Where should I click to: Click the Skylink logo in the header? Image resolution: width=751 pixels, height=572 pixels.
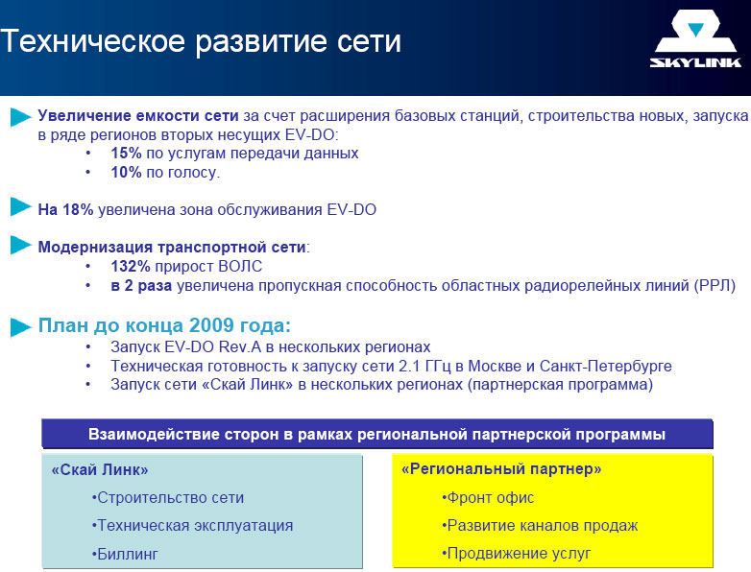(x=695, y=39)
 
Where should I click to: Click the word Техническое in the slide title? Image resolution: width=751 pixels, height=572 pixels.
(x=92, y=40)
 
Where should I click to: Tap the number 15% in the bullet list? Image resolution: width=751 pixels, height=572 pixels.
(x=126, y=154)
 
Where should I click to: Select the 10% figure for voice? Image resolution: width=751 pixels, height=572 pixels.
(x=126, y=173)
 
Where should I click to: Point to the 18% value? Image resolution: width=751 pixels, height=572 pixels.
(x=78, y=209)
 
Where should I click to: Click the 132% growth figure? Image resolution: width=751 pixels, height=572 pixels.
(x=131, y=266)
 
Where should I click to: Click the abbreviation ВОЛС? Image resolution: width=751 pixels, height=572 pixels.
(x=240, y=266)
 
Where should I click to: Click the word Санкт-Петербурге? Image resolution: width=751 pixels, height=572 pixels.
(x=605, y=367)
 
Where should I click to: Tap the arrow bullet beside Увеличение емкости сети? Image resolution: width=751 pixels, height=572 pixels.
(x=20, y=117)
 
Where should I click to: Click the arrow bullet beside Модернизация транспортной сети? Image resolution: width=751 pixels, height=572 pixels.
(x=20, y=245)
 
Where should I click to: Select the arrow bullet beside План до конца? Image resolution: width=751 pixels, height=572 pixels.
(x=20, y=327)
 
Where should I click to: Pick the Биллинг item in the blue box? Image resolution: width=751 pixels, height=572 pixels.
(x=125, y=555)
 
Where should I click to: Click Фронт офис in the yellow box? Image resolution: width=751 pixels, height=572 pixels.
(x=488, y=498)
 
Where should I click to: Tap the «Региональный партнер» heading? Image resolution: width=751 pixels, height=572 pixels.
(x=501, y=468)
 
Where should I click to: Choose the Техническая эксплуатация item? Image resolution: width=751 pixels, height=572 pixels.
(x=192, y=526)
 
